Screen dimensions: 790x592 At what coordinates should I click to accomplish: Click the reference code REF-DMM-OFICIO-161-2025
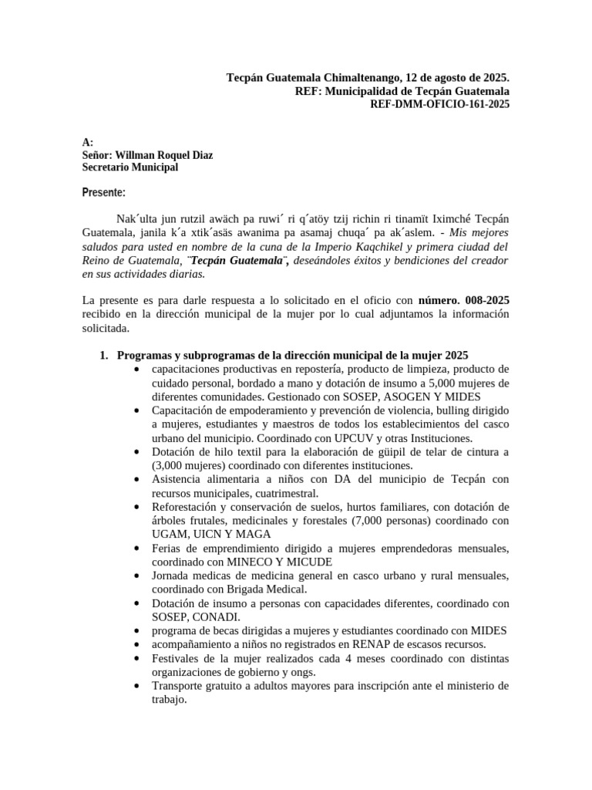click(x=440, y=105)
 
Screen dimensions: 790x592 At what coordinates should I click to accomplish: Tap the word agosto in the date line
click(x=444, y=78)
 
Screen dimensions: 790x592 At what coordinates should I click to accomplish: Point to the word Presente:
click(x=103, y=192)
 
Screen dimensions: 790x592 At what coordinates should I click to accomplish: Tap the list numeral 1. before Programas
click(x=105, y=355)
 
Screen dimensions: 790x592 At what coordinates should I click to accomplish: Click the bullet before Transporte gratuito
click(x=136, y=686)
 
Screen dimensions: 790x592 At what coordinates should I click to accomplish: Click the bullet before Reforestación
click(x=136, y=507)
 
